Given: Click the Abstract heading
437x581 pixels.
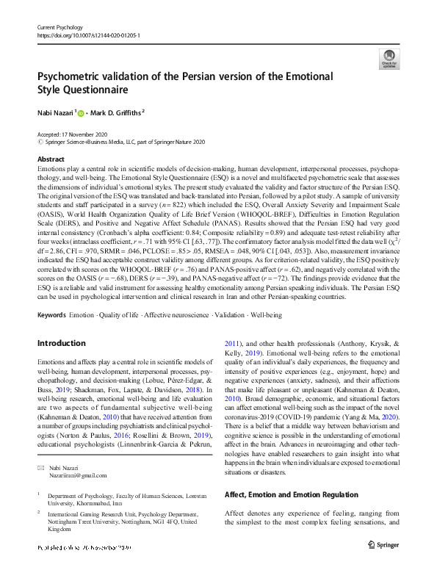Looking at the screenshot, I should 51,159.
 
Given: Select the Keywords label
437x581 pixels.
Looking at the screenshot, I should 52,314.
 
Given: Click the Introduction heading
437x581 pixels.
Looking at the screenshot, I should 62,343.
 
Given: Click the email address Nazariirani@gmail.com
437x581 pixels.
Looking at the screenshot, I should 73,475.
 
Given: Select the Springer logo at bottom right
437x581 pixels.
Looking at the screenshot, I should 380,547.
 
